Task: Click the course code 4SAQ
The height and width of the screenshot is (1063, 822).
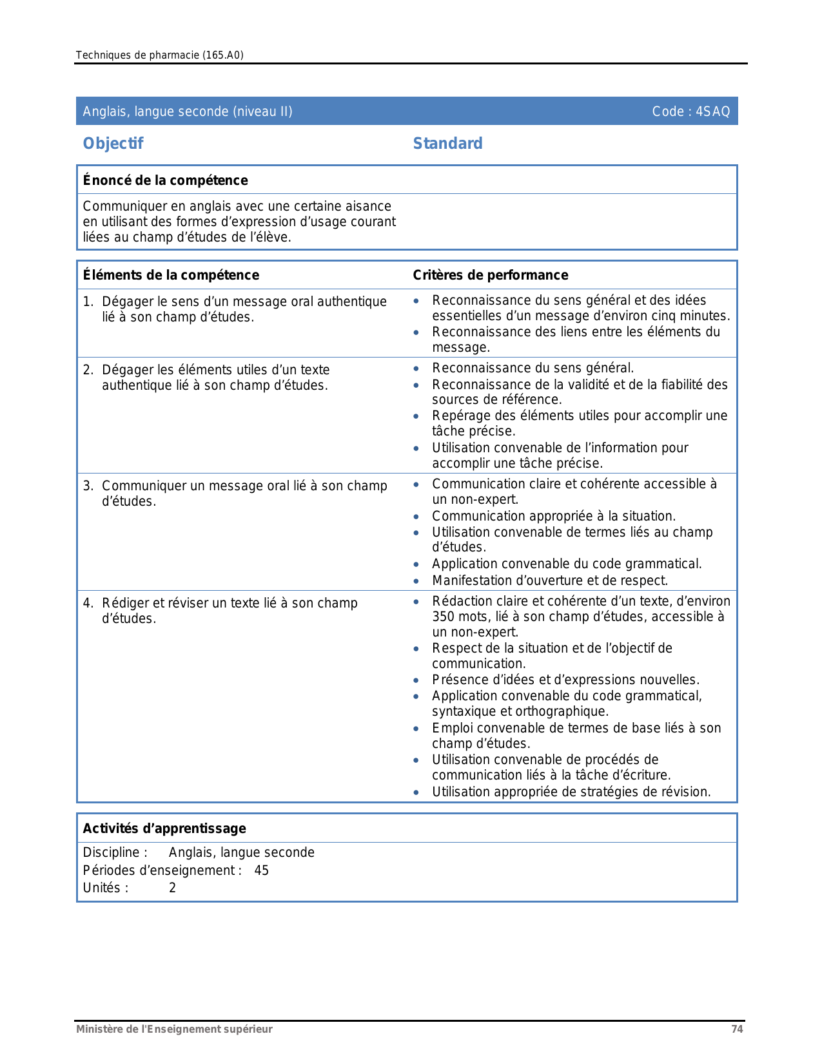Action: point(712,111)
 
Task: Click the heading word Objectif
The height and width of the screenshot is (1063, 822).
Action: point(113,144)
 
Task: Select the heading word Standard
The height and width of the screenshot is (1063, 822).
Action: point(447,144)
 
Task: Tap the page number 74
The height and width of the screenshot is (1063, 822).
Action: point(737,1029)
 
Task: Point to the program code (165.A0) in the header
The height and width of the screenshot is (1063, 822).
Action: point(223,55)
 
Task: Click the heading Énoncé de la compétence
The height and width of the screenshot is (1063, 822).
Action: point(165,180)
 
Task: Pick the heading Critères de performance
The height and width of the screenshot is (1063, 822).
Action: point(490,275)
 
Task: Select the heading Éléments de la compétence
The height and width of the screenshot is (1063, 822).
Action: point(171,275)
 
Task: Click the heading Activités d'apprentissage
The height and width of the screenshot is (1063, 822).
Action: point(164,828)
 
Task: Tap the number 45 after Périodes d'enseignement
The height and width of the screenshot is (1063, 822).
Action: point(261,870)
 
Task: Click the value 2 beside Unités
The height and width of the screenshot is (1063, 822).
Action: point(172,888)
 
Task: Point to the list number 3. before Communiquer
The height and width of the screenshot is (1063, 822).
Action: point(88,486)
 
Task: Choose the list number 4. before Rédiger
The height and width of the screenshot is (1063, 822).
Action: point(88,603)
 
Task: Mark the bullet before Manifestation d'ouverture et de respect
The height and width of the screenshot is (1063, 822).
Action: point(416,581)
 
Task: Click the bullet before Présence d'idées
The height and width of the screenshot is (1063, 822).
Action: point(416,680)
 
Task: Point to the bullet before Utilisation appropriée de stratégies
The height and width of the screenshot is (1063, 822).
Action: point(416,792)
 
